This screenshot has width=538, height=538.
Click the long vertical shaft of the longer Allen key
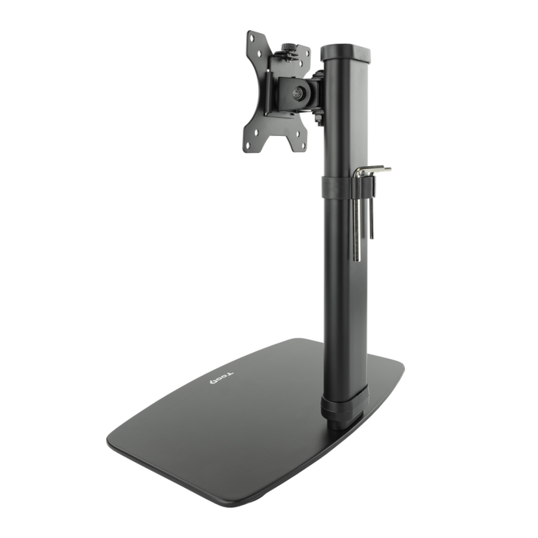357,223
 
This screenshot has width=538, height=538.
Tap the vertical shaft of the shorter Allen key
371,208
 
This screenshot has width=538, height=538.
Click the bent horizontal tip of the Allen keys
377,170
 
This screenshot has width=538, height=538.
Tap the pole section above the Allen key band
344,115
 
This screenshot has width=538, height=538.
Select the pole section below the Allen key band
342,292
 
